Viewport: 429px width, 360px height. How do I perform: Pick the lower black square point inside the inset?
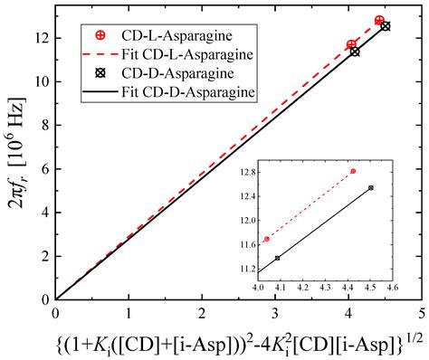point(277,258)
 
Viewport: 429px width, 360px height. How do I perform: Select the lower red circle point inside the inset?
point(266,239)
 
